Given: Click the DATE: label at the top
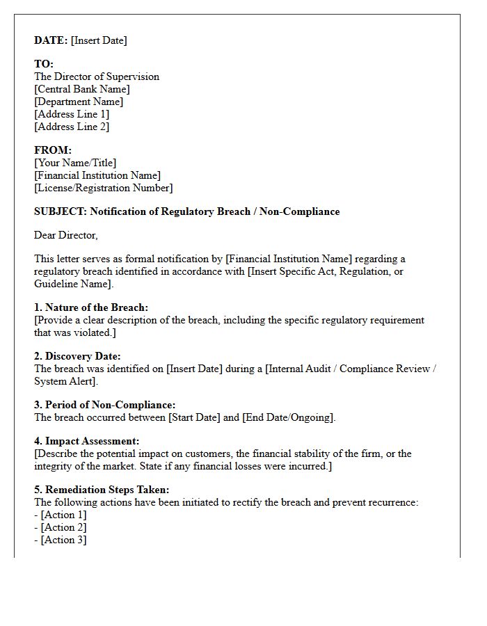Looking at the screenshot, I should (51, 40).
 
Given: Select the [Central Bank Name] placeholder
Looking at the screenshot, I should (82, 89).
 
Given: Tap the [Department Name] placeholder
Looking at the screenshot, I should (78, 102).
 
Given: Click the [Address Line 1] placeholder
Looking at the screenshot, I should (72, 114).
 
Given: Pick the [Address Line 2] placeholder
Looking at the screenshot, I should (72, 127).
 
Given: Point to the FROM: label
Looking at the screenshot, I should (53, 150).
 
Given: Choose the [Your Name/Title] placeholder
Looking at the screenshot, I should (75, 163).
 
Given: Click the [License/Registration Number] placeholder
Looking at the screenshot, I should (104, 188).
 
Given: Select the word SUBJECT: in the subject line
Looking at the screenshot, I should (61, 211).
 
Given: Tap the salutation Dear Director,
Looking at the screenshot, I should (66, 235).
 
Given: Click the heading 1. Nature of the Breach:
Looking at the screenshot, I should (91, 307).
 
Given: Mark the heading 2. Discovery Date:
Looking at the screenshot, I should (77, 356).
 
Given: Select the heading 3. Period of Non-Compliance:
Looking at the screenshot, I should (104, 405).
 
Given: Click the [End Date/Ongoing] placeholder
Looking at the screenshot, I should (289, 417).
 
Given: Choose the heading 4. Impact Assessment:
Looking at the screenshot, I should (86, 441).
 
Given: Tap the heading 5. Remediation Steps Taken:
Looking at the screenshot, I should (102, 490).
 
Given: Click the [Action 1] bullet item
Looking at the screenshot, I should (63, 515).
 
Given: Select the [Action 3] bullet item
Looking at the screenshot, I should (63, 540).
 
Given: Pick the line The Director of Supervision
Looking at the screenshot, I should (97, 77).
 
